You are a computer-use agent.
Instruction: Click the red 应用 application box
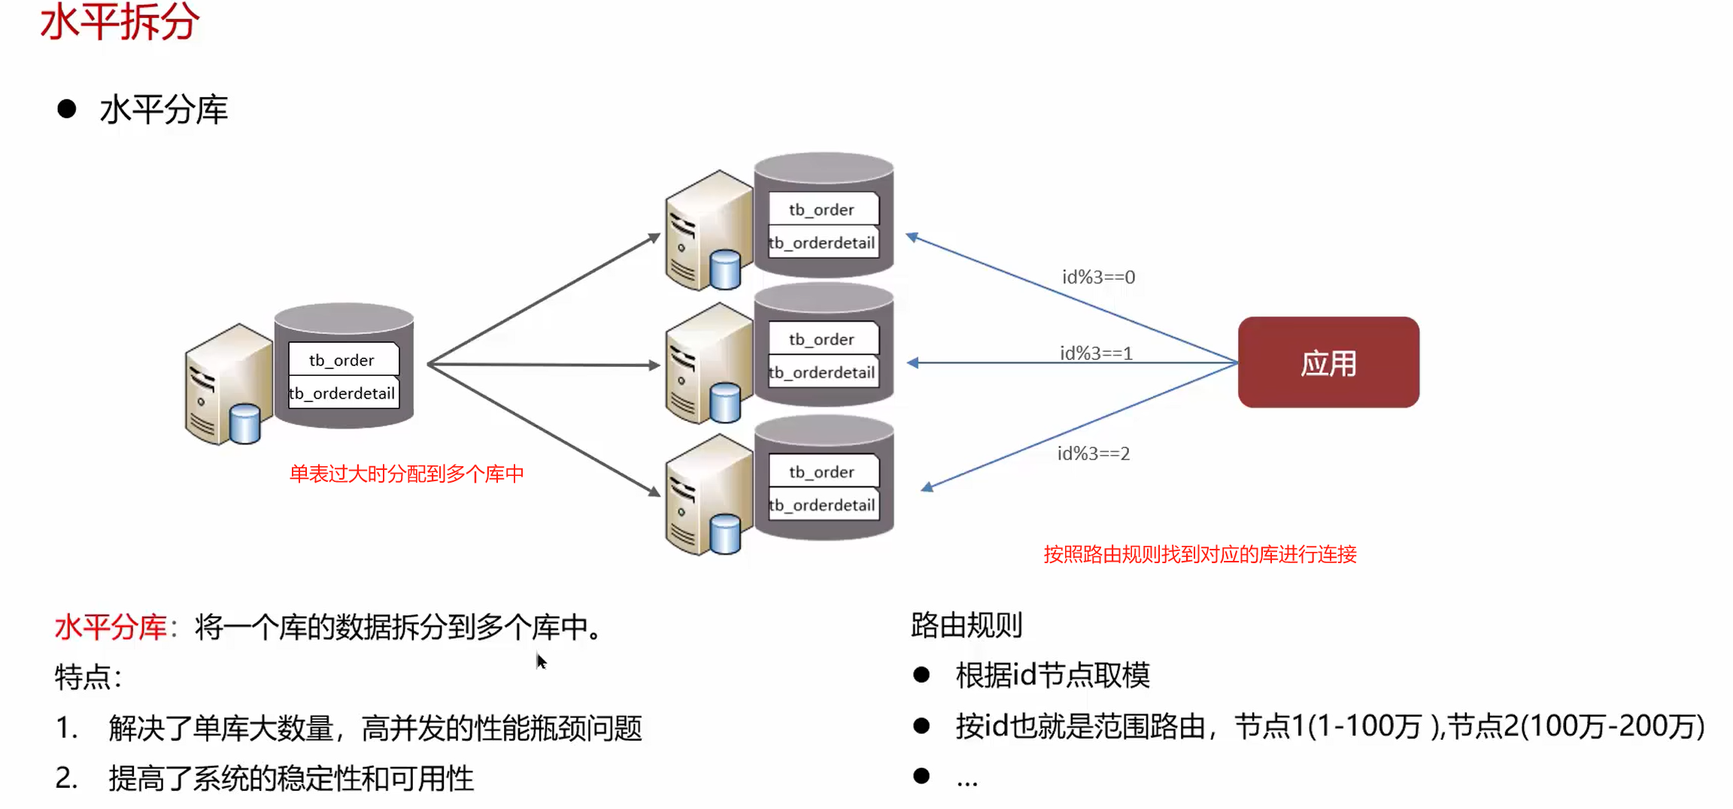1328,362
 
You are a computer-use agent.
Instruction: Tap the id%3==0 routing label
1098,277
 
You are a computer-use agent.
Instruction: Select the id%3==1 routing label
1096,353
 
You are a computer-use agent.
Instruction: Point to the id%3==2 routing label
1094,453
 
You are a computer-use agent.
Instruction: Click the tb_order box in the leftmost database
342,360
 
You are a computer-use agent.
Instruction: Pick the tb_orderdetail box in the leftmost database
343,393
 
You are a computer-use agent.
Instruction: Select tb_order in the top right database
821,210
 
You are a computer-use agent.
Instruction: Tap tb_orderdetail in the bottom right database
822,505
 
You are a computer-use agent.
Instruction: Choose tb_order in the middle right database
821,339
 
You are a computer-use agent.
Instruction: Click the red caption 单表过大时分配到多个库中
406,474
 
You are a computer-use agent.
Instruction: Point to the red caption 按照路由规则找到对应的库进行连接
1200,554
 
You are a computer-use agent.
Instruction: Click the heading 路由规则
967,625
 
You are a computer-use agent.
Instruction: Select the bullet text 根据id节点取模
1052,675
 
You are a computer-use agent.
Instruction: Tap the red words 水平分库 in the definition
111,627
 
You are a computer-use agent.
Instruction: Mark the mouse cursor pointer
541,662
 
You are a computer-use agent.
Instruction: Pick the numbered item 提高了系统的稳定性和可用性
291,779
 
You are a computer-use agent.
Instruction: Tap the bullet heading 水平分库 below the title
163,110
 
